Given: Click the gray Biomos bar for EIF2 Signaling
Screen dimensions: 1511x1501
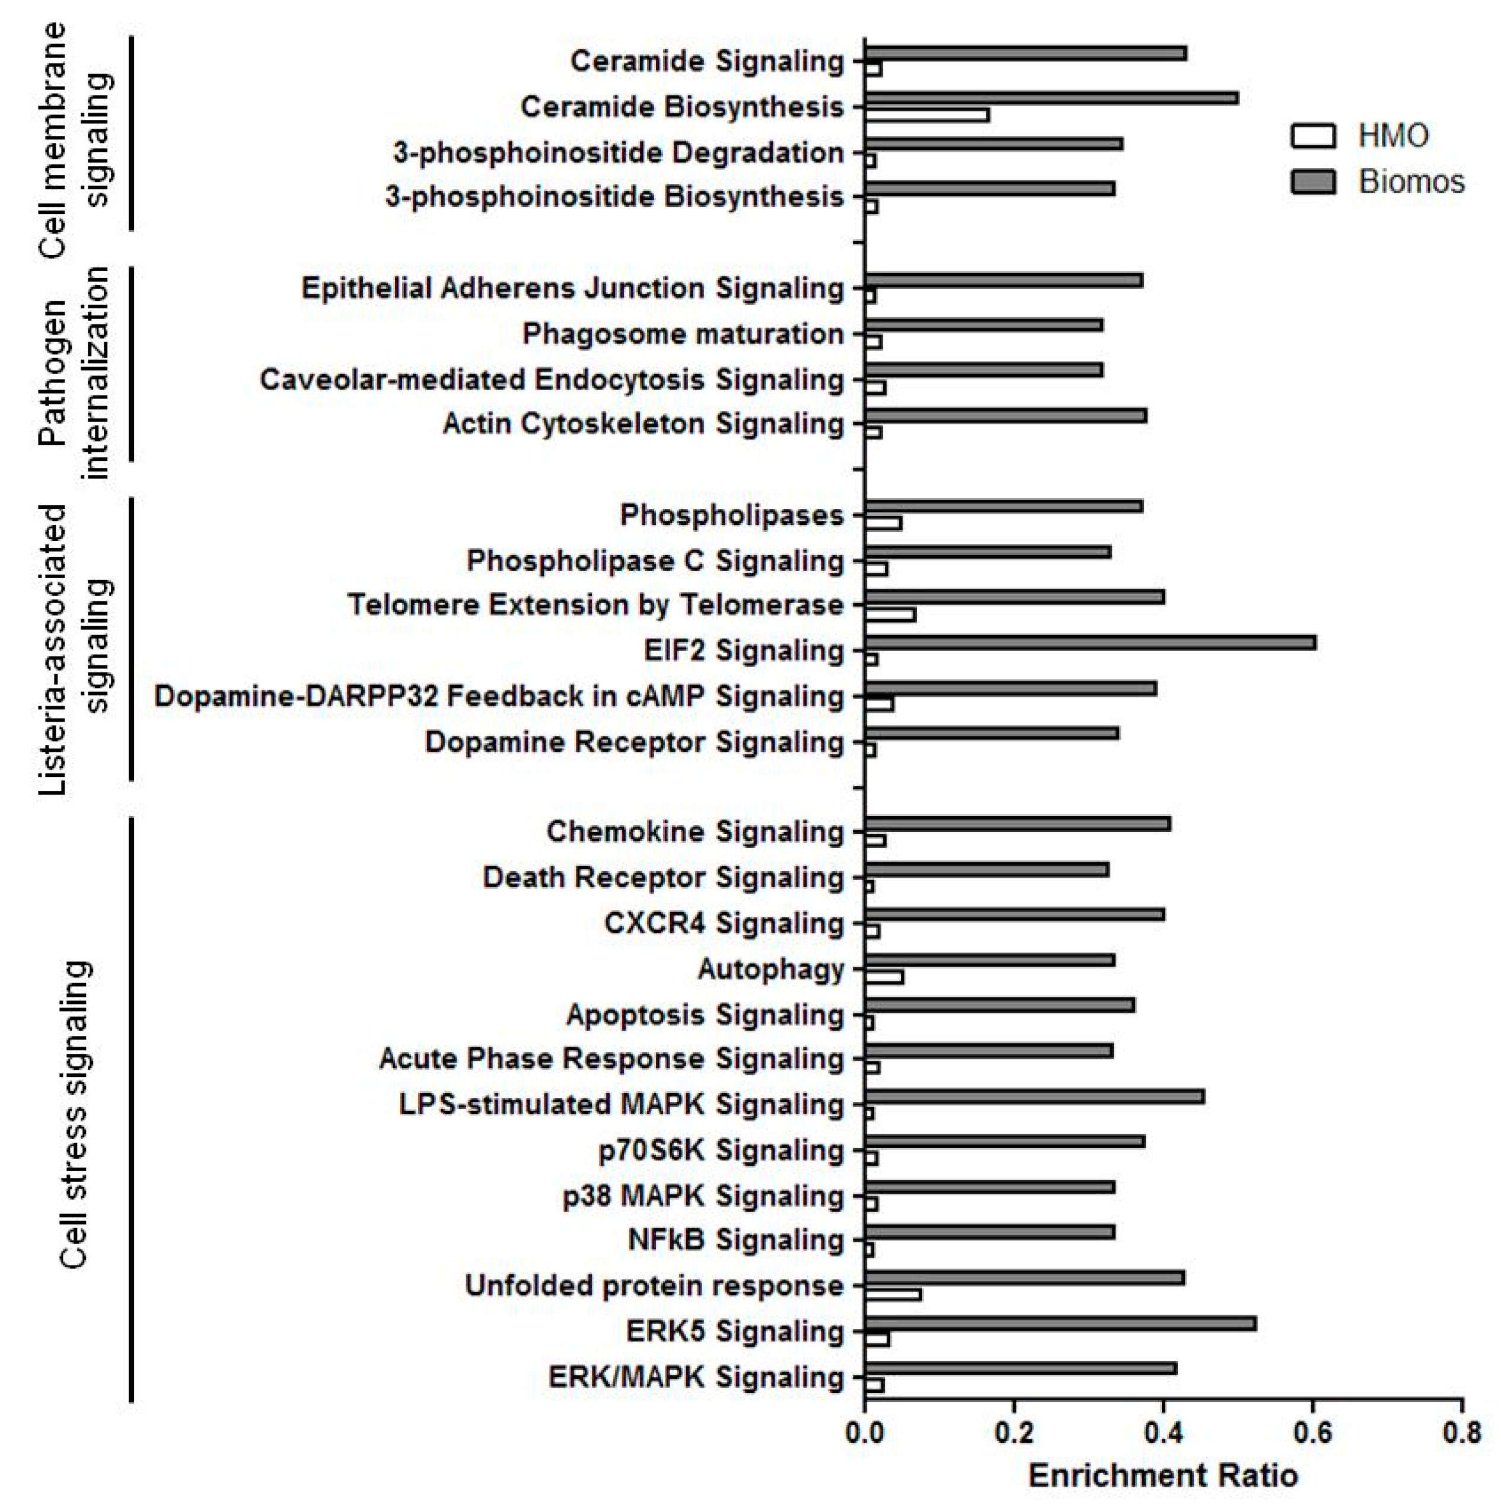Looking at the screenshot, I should tap(1089, 643).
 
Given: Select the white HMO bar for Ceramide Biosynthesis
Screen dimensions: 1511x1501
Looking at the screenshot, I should tap(926, 116).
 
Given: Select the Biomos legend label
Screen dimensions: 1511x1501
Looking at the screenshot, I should tap(1411, 181).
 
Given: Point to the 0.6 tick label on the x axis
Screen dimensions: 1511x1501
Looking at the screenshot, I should tap(1312, 1433).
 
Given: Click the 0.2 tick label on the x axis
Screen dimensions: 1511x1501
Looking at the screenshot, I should tap(1014, 1433).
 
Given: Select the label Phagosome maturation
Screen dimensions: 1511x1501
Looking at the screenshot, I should tap(683, 334).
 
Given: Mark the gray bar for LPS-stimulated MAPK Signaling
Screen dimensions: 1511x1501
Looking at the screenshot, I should tap(1034, 1096).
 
